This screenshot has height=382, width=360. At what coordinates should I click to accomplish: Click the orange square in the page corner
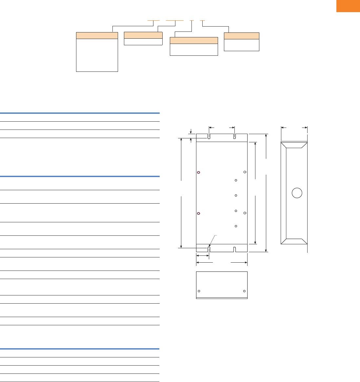[x=348, y=6]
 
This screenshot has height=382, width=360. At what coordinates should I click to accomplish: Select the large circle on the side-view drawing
[x=297, y=192]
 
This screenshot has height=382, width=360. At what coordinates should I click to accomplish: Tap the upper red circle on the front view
[x=198, y=172]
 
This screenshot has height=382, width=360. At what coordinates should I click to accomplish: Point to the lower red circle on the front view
[x=198, y=213]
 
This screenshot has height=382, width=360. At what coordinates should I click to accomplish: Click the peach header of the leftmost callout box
[x=97, y=35]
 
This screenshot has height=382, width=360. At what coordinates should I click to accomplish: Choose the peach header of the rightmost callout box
[x=241, y=36]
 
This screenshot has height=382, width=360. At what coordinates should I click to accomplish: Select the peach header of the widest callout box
[x=194, y=40]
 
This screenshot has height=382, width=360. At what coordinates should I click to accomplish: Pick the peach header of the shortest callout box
[x=143, y=35]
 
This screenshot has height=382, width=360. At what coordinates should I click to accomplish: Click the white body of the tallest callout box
[x=97, y=55]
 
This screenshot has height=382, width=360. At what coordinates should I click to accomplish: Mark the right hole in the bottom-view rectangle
[x=244, y=291]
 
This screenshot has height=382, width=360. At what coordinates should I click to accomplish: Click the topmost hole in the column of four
[x=236, y=180]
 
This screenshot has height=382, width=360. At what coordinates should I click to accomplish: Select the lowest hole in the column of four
[x=236, y=226]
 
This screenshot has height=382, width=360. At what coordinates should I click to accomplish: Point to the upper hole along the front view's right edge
[x=245, y=172]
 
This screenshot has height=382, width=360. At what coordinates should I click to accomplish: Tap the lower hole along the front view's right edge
[x=245, y=213]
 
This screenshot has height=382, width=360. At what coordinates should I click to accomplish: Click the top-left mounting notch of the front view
[x=209, y=136]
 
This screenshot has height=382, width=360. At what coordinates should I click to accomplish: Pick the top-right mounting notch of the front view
[x=234, y=136]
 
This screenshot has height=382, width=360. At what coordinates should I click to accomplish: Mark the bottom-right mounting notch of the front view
[x=234, y=249]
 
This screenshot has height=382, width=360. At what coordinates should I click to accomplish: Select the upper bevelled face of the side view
[x=294, y=145]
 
